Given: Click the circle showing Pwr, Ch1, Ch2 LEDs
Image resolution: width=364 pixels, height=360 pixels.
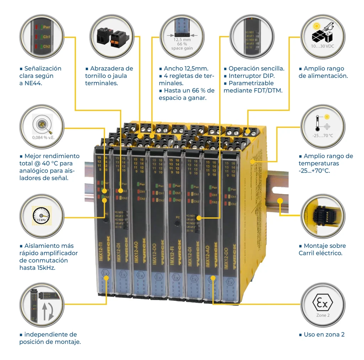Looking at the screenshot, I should tap(41, 36).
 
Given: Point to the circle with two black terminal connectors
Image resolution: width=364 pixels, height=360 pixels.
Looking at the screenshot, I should tap(111, 36).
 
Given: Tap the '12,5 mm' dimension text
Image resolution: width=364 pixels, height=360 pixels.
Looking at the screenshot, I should tap(182, 40).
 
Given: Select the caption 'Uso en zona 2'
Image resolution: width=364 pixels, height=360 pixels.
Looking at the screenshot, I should tap(324, 334).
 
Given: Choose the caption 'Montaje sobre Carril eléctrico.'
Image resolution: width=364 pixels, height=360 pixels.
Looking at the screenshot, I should tap(322, 249).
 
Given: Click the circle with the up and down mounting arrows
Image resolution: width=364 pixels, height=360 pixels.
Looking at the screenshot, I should tap(41, 305).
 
